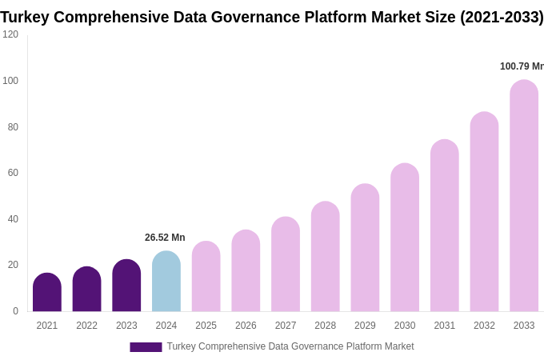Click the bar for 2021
point(47,293)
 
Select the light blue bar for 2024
point(166,282)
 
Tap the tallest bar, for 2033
point(524,196)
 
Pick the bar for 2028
point(326,257)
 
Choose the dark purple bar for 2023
point(126,286)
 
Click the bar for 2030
point(405,238)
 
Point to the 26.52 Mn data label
point(165,238)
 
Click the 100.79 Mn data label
point(521,66)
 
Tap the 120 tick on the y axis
point(10,34)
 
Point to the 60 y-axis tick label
point(13,173)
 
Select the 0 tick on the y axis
point(15,311)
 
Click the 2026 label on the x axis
point(246,326)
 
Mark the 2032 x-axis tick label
point(484,326)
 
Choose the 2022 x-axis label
point(86,326)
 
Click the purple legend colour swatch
point(146,347)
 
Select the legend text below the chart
point(290,346)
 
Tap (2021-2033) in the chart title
point(502,17)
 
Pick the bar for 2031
point(445,226)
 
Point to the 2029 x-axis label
point(365,326)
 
